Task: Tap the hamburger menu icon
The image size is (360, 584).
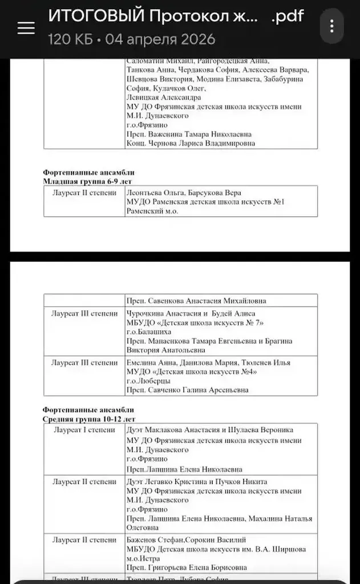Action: point(26,27)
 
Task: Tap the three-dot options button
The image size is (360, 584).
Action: point(331,26)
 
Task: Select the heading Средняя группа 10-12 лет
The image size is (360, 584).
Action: point(89,418)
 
